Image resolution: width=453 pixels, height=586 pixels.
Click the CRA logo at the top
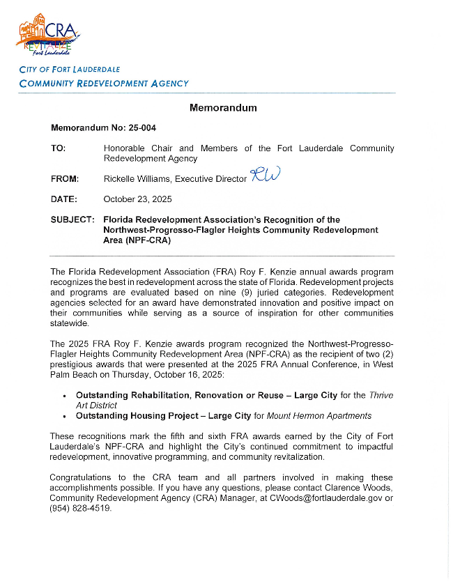[x=47, y=36]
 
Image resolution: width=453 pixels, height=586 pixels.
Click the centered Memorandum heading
[x=223, y=108]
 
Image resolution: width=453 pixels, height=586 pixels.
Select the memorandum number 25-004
[x=142, y=128]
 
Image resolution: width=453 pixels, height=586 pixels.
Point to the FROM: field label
[x=65, y=179]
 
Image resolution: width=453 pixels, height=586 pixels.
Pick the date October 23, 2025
[x=137, y=199]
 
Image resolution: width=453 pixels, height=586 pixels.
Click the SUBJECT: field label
[x=72, y=220]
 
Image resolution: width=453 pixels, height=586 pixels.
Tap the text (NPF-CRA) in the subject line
[x=148, y=240]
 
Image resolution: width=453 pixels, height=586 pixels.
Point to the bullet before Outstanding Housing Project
[x=64, y=417]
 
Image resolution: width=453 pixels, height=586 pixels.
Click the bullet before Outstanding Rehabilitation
[x=64, y=396]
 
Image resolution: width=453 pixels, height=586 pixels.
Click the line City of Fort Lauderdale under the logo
[x=70, y=70]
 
